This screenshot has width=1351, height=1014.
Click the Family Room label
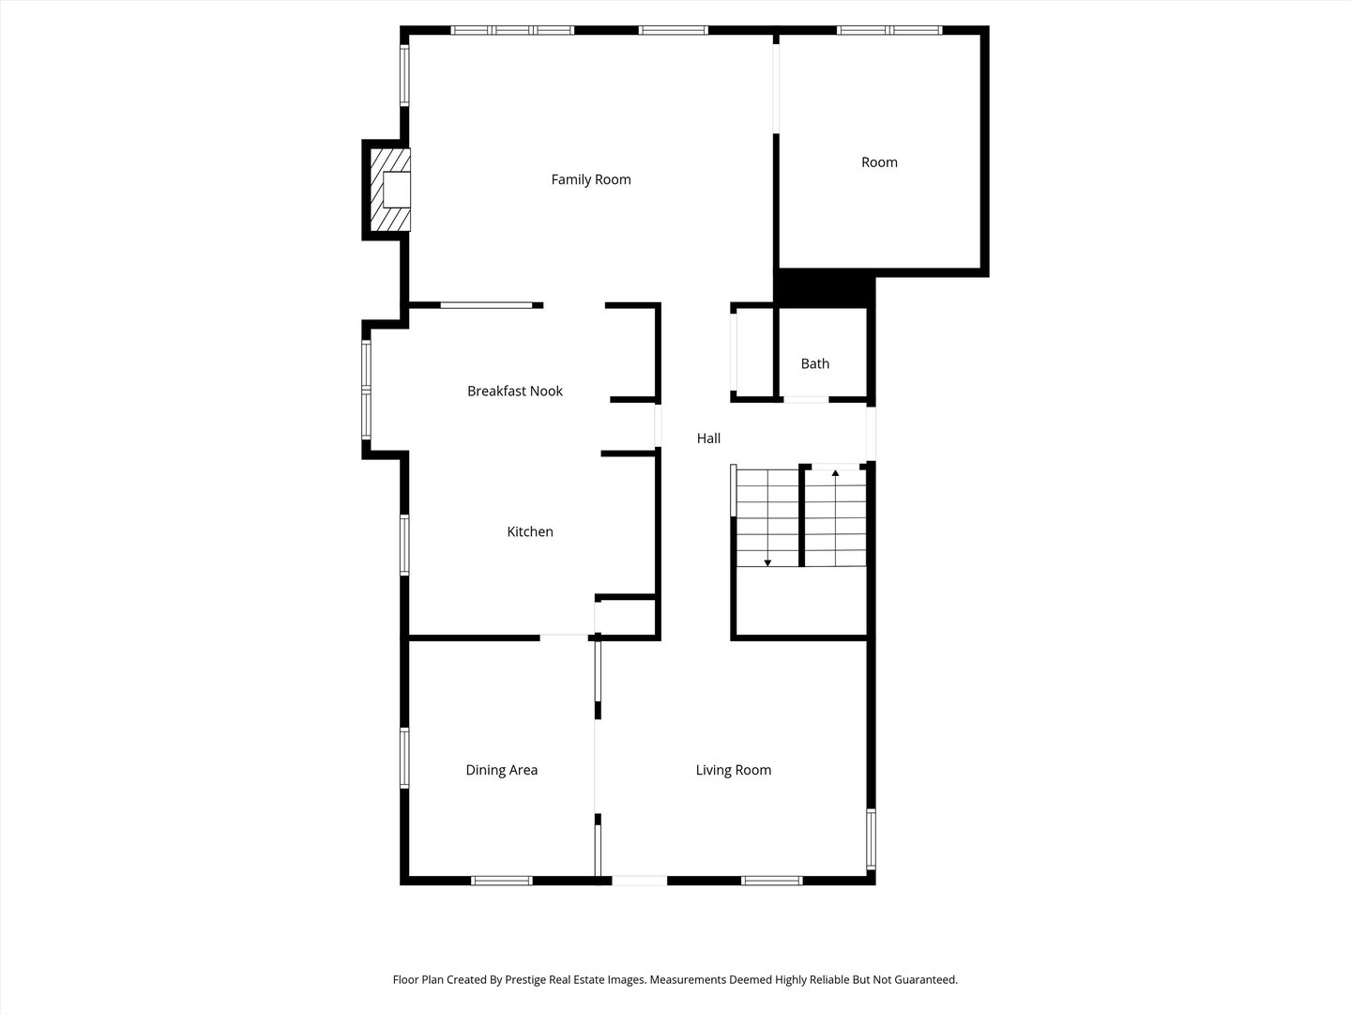click(591, 179)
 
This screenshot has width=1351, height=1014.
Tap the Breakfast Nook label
click(515, 391)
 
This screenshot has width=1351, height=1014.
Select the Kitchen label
click(530, 531)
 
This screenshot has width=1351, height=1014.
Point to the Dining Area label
click(502, 770)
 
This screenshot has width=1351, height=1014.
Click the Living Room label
click(734, 770)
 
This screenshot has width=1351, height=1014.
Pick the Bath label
click(815, 363)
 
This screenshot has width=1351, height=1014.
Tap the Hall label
click(708, 438)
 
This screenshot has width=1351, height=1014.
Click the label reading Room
click(879, 162)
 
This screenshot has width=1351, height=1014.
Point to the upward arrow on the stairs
click(835, 473)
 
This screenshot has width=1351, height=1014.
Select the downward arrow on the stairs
click(767, 561)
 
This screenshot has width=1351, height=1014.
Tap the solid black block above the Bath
click(825, 287)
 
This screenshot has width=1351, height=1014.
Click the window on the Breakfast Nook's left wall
click(367, 389)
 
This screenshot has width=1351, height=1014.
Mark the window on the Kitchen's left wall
click(404, 545)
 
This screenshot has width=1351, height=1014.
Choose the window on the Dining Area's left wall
click(404, 758)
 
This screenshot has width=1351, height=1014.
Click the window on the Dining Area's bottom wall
click(501, 881)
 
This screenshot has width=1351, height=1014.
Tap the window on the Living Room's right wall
click(871, 839)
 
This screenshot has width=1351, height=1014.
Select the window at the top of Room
click(889, 30)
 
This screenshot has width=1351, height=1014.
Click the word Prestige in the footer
click(531, 979)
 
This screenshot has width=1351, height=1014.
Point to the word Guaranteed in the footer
click(923, 979)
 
